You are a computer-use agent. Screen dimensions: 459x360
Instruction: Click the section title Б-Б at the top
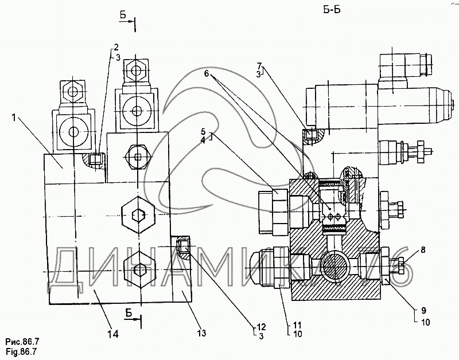click(332, 10)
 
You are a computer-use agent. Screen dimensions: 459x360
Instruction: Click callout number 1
click(13, 118)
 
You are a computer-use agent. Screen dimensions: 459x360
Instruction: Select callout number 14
click(114, 334)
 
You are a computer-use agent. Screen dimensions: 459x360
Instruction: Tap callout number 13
click(202, 333)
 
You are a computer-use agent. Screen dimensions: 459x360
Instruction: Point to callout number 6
click(207, 74)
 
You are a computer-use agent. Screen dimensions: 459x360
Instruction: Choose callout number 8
click(423, 250)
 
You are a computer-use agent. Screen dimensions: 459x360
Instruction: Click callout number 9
click(424, 310)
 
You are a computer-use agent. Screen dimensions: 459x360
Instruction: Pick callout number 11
click(297, 325)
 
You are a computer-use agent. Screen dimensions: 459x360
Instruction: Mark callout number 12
click(261, 327)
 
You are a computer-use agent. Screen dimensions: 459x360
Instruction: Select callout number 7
click(260, 65)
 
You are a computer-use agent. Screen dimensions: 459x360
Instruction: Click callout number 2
click(116, 47)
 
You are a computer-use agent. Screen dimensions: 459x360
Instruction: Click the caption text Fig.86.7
click(21, 351)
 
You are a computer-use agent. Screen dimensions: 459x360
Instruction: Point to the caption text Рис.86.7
click(22, 342)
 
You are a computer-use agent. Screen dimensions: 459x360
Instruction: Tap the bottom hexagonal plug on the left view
click(139, 269)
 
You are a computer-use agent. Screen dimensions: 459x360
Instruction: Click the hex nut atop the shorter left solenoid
click(72, 92)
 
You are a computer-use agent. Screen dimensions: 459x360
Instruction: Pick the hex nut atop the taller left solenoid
click(136, 71)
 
